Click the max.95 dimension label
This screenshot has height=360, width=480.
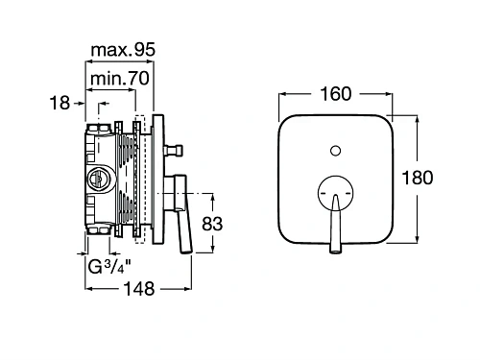pos(123,50)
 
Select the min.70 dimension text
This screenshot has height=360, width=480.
pos(120,79)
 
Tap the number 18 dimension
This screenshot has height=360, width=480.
pos(60,103)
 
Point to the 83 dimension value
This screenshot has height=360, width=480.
pos(212,224)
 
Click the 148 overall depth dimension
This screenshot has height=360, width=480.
pos(139,289)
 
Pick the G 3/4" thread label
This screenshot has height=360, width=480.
pos(109,267)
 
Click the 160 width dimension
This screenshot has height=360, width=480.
pos(335,94)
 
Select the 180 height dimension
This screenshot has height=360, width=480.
pos(418,178)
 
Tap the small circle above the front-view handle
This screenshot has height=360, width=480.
pos(335,151)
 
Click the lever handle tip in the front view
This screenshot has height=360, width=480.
pos(335,251)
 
